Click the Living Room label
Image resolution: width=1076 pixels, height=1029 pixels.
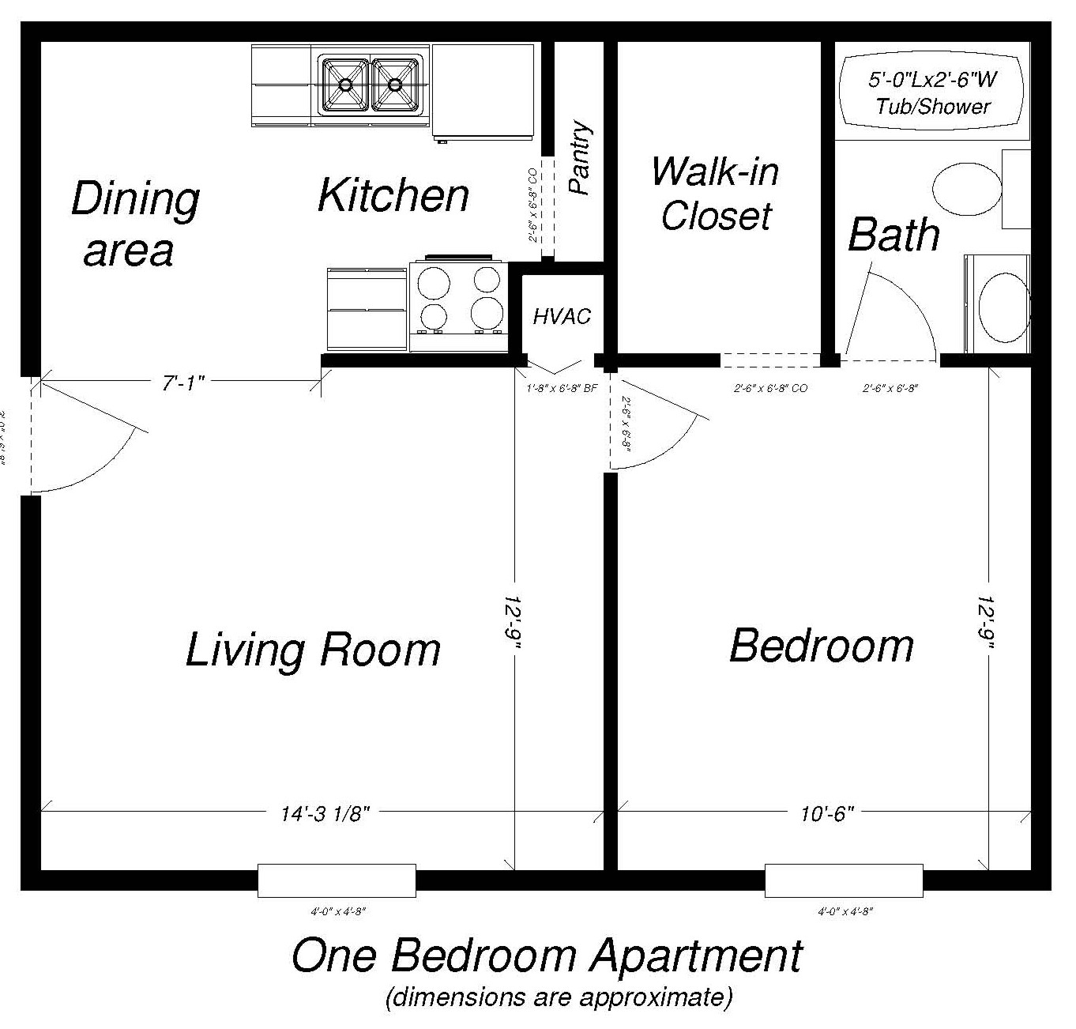pos(313,650)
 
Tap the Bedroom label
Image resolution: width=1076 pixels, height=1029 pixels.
pos(821,646)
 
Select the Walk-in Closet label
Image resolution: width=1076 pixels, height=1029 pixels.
pos(716,194)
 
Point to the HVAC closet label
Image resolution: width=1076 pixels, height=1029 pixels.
pos(562,317)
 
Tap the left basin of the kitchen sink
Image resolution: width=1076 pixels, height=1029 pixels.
pos(345,83)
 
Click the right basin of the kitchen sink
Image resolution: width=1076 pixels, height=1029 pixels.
pos(395,83)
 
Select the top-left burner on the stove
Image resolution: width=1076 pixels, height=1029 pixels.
pos(434,281)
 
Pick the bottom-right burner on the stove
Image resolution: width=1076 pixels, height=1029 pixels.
pos(487,313)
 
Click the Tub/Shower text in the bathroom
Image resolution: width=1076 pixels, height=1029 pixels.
pos(932,107)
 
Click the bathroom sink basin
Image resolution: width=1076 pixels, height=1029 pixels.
pos(1003,304)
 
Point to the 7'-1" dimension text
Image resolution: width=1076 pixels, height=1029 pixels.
pos(183,383)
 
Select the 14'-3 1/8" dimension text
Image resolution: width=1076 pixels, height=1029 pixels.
pos(325,814)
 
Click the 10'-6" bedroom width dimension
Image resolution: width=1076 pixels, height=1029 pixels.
pos(827,814)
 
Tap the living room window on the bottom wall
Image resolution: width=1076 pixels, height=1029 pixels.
pos(337,880)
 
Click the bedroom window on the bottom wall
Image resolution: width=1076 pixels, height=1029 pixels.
pos(843,880)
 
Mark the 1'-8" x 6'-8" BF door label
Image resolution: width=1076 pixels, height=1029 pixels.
pos(561,389)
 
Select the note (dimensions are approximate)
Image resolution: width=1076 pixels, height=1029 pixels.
pos(559,997)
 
